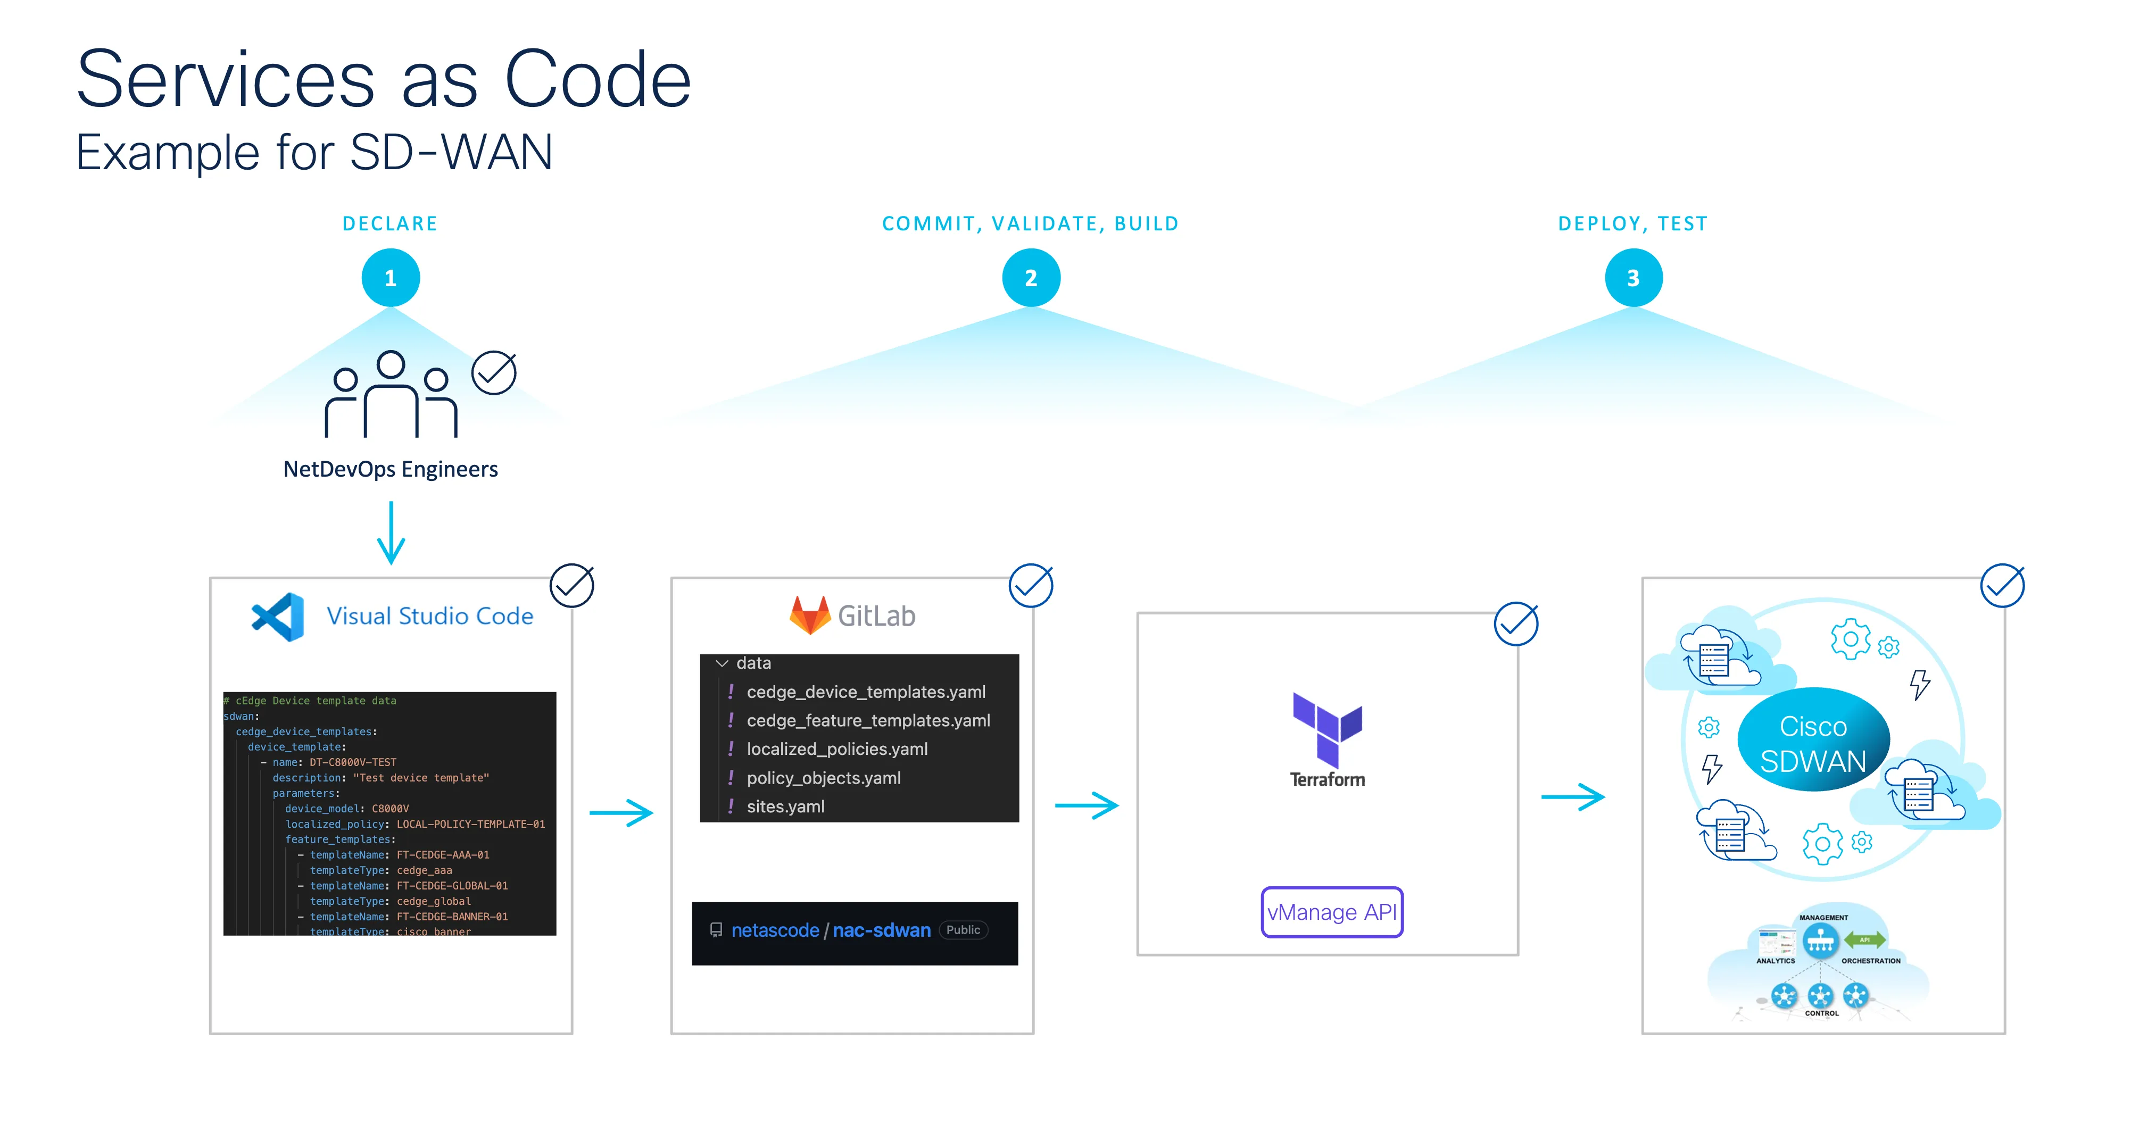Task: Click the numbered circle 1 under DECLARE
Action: point(391,278)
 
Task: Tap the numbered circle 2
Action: point(1031,278)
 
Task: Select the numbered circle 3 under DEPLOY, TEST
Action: point(1633,278)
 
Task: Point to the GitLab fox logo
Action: point(810,616)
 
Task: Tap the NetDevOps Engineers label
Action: point(391,469)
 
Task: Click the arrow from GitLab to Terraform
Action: point(1086,805)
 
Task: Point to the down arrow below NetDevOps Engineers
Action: point(391,534)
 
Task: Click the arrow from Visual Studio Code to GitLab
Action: point(621,812)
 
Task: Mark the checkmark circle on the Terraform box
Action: point(1515,624)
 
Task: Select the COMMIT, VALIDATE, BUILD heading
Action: point(1030,224)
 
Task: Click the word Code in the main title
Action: point(598,80)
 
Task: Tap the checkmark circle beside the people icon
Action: point(494,373)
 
